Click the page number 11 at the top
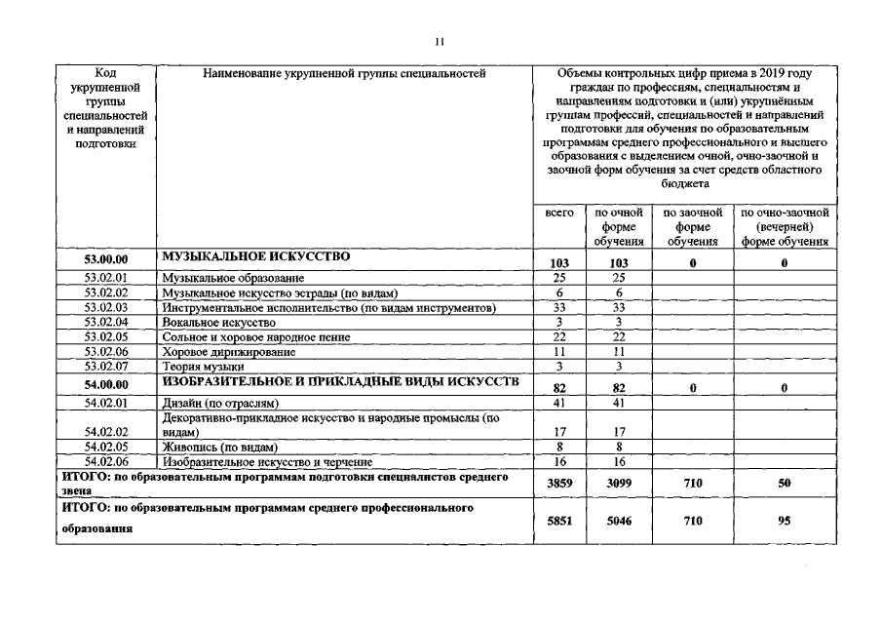point(440,41)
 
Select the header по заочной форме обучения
point(693,226)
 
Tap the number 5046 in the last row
point(618,522)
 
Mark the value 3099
point(618,484)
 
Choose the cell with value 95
point(784,522)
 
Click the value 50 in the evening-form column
point(784,484)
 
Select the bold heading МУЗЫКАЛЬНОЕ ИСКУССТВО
point(255,256)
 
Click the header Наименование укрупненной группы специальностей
point(344,74)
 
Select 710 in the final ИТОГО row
point(693,522)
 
